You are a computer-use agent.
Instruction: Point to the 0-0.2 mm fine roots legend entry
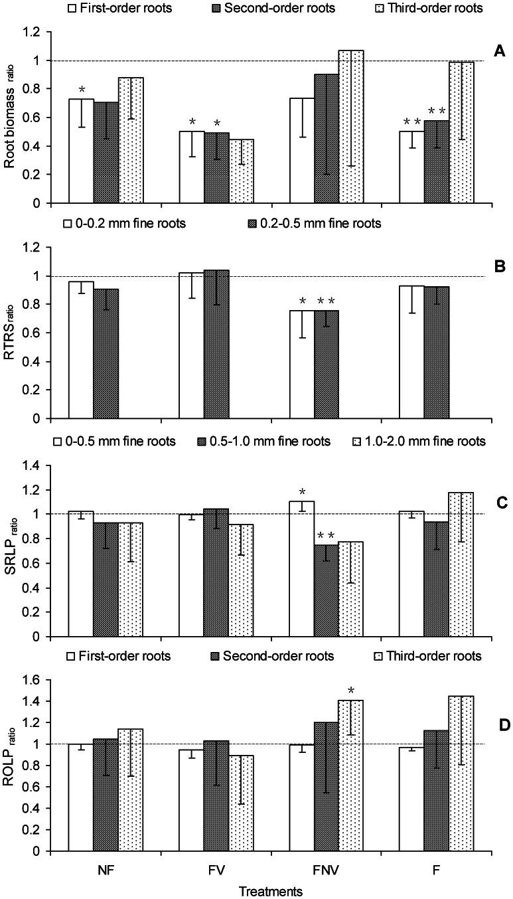click(124, 224)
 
